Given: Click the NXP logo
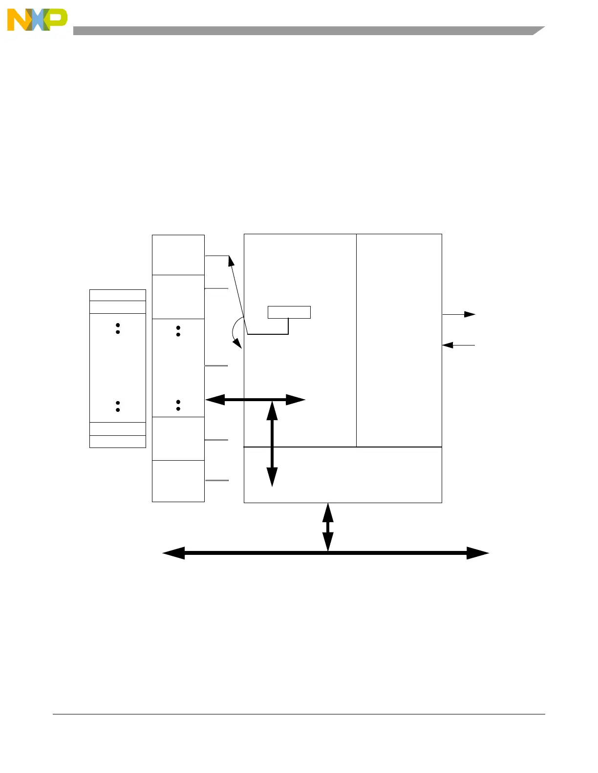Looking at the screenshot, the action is click(x=37, y=20).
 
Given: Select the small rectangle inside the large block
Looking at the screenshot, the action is click(x=289, y=312).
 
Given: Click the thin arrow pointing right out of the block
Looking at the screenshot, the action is click(x=459, y=314).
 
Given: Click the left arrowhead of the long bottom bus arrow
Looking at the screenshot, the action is click(x=174, y=553).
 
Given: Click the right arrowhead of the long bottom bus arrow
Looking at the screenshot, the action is click(x=477, y=553).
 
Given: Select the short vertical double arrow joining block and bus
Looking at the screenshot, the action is click(x=328, y=527).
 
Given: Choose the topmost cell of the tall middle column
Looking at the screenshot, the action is click(x=178, y=255).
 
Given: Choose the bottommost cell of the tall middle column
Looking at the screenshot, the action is click(x=178, y=481).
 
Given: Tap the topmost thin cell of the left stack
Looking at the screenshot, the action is click(x=118, y=295).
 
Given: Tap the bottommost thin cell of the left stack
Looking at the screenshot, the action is click(x=118, y=441).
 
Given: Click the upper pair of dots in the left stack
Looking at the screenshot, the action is click(x=118, y=328).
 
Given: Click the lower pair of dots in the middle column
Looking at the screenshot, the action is click(x=178, y=405).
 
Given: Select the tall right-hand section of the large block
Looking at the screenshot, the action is click(x=399, y=340).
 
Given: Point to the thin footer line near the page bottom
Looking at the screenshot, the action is click(x=299, y=714).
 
